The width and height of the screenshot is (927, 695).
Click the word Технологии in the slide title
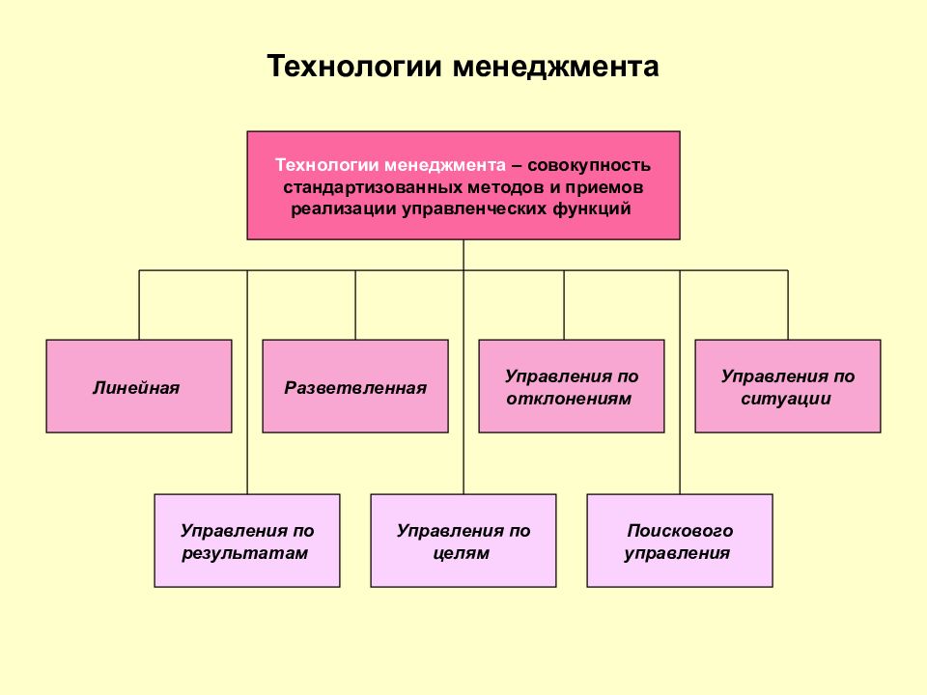(x=354, y=67)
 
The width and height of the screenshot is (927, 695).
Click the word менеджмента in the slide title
(x=556, y=67)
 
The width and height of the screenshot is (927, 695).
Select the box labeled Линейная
(x=139, y=386)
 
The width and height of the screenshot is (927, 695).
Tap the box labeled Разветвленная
(x=355, y=386)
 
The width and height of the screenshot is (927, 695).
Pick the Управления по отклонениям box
(x=572, y=386)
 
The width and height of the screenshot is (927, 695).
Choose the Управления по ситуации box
(x=788, y=386)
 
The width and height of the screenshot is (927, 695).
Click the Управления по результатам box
(x=247, y=541)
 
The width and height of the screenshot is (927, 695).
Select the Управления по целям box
(x=463, y=541)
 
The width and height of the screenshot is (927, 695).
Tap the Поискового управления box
(x=680, y=541)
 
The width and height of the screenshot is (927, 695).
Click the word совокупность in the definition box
(x=589, y=165)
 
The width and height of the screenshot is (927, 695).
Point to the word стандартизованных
(x=373, y=187)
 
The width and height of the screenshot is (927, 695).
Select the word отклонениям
(x=569, y=399)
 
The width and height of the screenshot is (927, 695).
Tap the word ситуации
(x=786, y=399)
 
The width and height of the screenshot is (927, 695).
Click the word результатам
(x=244, y=554)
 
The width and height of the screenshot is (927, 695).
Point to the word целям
(x=462, y=554)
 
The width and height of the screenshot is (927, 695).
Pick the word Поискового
(x=680, y=531)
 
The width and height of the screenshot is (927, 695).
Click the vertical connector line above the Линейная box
(x=139, y=305)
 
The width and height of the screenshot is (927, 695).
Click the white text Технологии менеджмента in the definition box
(x=391, y=165)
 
